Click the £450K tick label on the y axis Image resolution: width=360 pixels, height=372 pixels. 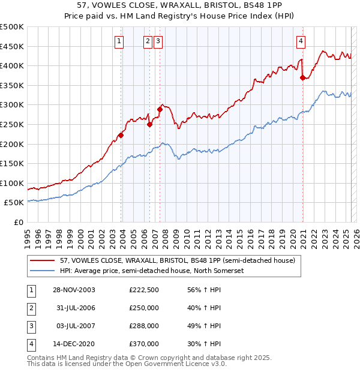pyautogui.click(x=12, y=47)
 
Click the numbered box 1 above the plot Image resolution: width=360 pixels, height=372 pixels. pyautogui.click(x=119, y=41)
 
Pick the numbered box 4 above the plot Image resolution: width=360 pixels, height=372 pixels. pyautogui.click(x=301, y=41)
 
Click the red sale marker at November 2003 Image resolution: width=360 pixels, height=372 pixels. pyautogui.click(x=121, y=135)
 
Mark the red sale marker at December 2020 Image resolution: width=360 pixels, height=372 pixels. pyautogui.click(x=302, y=77)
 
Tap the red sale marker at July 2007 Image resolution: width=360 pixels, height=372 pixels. pyautogui.click(x=160, y=109)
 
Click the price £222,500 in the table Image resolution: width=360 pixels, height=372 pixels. pyautogui.click(x=144, y=290)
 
